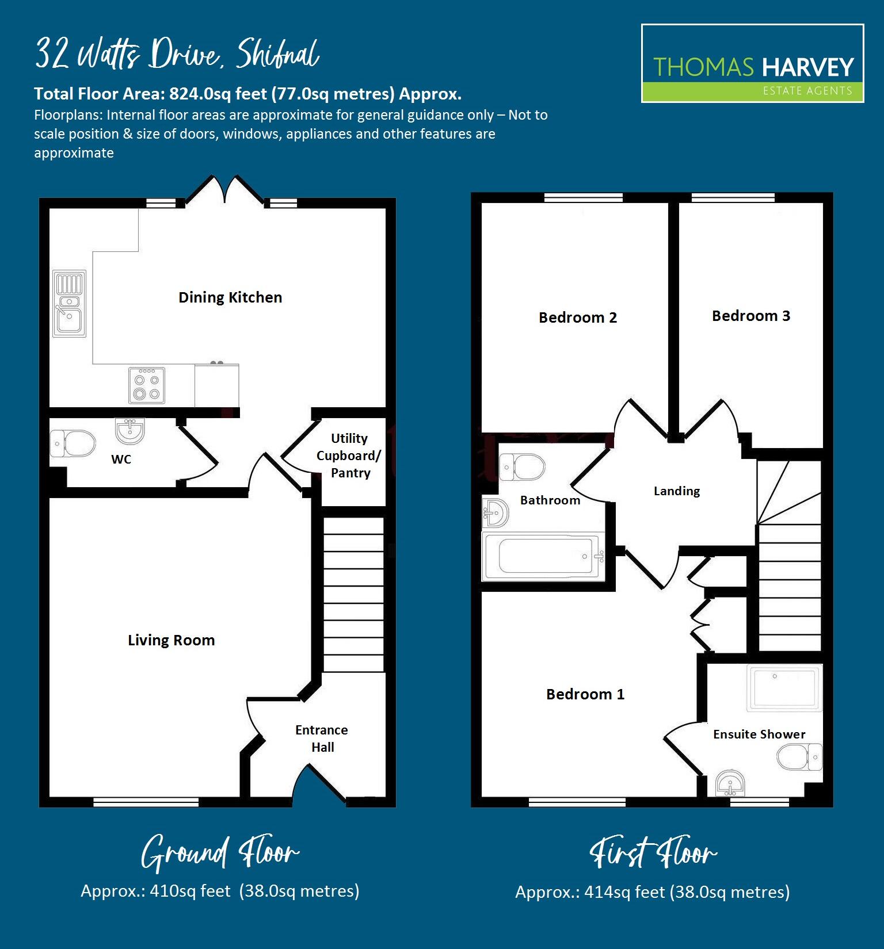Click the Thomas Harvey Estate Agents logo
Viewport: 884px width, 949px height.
[x=753, y=63]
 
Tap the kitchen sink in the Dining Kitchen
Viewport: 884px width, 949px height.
[x=70, y=303]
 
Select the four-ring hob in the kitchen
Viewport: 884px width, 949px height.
[x=146, y=385]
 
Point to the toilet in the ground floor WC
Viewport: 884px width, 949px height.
[x=73, y=443]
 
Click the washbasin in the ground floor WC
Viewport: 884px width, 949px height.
[x=130, y=431]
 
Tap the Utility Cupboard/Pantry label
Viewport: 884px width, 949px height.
[x=349, y=456]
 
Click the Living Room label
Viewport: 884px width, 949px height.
[x=172, y=640]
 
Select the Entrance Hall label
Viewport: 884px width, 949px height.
[x=322, y=738]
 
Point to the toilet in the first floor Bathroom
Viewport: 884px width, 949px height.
[x=522, y=466]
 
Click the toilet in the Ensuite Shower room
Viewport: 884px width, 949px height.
[x=799, y=757]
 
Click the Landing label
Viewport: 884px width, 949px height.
[x=677, y=491]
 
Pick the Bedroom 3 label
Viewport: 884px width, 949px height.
[x=751, y=316]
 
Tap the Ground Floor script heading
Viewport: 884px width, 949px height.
[x=220, y=854]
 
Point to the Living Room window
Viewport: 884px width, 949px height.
[x=146, y=802]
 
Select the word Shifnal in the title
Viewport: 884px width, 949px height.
[x=278, y=54]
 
